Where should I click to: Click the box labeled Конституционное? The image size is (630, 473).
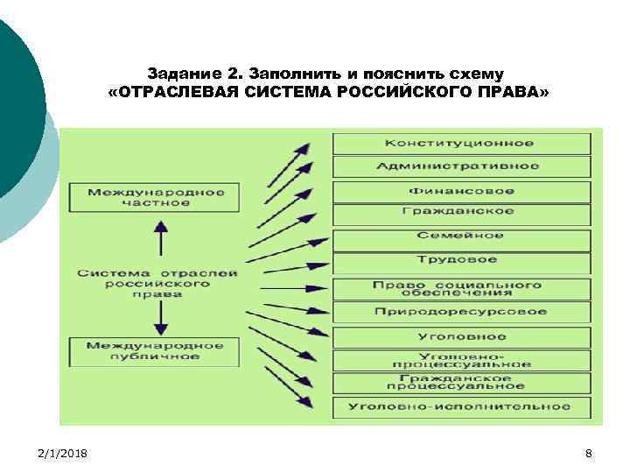[x=460, y=144]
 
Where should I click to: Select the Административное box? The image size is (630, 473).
[x=460, y=166]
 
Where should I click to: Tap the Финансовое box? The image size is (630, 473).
[x=460, y=191]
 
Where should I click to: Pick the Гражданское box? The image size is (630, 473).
[x=460, y=212]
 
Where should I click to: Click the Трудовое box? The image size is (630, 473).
[x=460, y=260]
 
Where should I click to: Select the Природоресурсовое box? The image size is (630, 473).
[x=460, y=312]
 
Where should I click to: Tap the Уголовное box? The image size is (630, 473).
[x=460, y=336]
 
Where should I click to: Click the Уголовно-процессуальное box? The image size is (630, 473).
[x=460, y=359]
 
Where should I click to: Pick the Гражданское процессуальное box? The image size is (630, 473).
[x=460, y=383]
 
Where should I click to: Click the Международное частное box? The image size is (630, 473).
[x=156, y=197]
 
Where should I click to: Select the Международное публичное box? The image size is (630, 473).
[x=156, y=351]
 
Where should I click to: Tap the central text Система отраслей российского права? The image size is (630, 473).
[x=157, y=284]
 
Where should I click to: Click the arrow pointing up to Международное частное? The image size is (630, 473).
[x=159, y=238]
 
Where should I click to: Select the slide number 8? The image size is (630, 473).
[x=588, y=453]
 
